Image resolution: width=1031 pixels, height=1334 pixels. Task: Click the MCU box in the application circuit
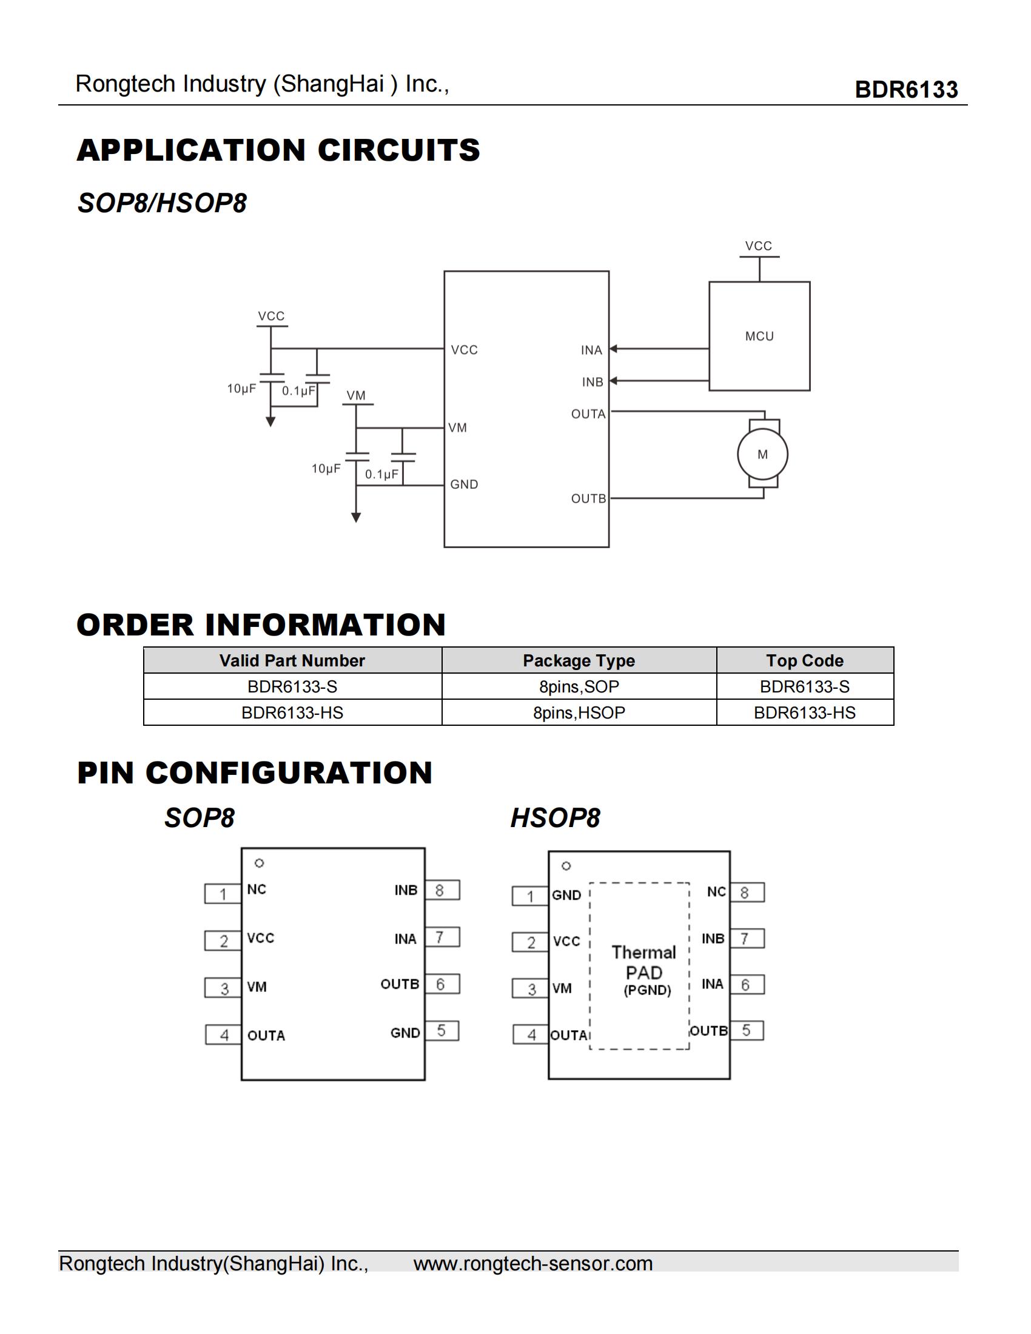point(759,336)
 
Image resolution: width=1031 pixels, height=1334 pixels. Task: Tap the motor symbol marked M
point(762,454)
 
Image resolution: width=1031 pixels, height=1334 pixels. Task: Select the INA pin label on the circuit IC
point(591,350)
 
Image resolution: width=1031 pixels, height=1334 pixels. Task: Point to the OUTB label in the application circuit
point(588,498)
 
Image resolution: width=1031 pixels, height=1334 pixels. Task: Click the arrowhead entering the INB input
point(614,381)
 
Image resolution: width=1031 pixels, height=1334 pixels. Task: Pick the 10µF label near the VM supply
point(326,469)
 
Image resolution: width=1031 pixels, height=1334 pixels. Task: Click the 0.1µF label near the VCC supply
point(298,390)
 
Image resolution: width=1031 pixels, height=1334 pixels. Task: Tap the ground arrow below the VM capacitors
point(356,517)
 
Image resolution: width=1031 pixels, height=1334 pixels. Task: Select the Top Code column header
point(804,660)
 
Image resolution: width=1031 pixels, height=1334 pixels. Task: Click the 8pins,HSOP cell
point(579,713)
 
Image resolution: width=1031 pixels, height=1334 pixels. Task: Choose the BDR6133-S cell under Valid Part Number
point(292,686)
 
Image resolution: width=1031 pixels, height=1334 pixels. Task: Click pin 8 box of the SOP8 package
point(442,890)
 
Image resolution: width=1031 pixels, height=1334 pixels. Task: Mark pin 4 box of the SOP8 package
point(224,1034)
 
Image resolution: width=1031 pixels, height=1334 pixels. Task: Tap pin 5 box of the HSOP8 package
point(747,1030)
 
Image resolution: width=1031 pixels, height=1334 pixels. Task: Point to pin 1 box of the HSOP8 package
point(530,896)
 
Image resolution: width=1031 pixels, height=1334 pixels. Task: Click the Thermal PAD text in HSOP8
point(643,963)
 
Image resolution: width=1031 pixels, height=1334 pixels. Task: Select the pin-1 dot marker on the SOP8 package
point(260,863)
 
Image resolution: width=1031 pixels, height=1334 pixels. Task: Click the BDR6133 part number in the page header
point(906,89)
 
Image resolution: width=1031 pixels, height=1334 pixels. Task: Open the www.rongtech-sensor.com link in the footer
point(532,1263)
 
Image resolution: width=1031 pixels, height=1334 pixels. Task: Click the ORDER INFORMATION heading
point(261,624)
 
